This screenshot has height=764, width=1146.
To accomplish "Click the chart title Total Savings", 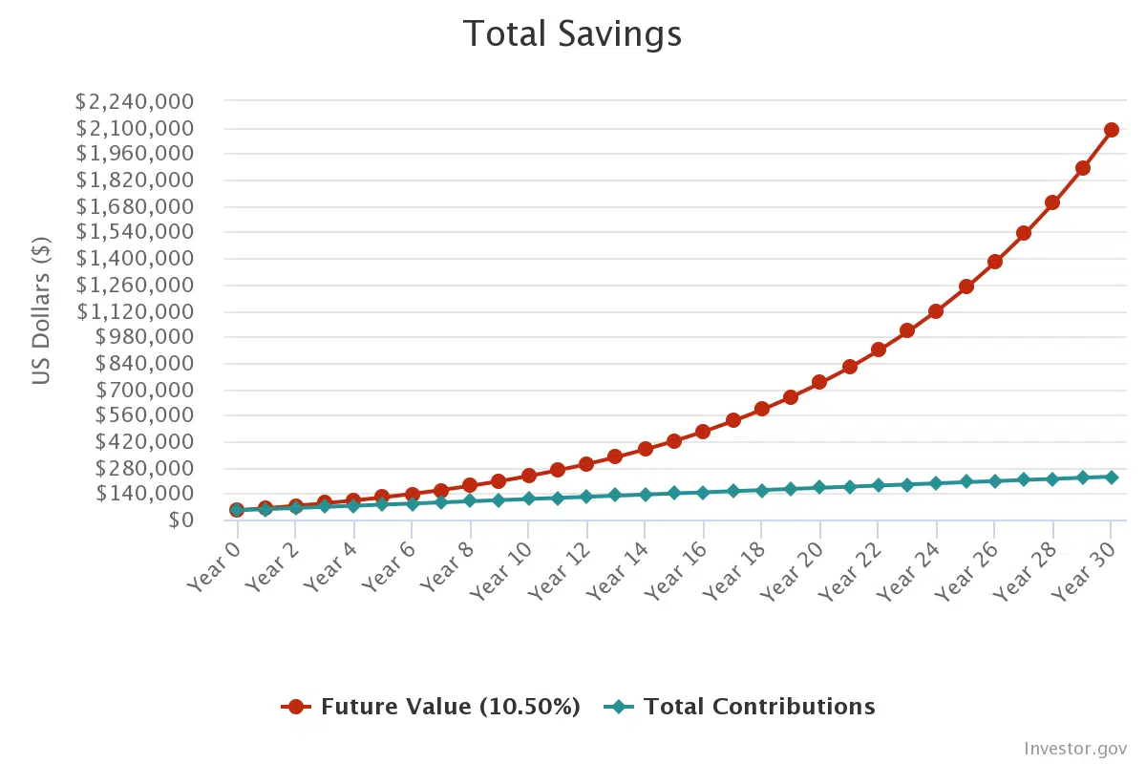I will click(572, 34).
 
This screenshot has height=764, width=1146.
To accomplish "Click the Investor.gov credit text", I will click(1074, 748).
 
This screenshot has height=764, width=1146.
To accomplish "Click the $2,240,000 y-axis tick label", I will click(135, 102).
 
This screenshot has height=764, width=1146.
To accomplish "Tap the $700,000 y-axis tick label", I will click(145, 390).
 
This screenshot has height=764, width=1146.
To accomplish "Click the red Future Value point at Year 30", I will click(1111, 130).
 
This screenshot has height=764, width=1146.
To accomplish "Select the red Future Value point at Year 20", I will click(819, 382).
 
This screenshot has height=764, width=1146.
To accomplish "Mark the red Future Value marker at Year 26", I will click(994, 262).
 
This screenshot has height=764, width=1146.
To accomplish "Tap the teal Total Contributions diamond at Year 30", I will click(1111, 477).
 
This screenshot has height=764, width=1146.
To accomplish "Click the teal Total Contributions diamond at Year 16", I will click(703, 493).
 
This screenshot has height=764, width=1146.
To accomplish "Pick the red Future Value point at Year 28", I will click(1052, 202).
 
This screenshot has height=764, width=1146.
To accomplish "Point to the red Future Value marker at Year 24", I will click(936, 311).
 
